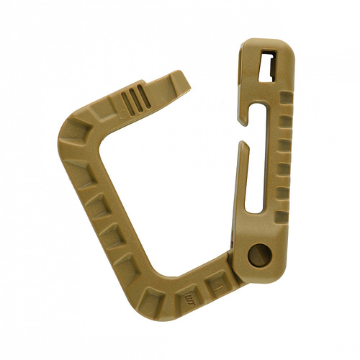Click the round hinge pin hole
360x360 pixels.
click(258, 255)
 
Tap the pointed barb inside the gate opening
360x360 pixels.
click(242, 147)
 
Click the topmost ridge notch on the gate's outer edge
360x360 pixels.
click(286, 96)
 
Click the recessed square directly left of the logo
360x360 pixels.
click(156, 296)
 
